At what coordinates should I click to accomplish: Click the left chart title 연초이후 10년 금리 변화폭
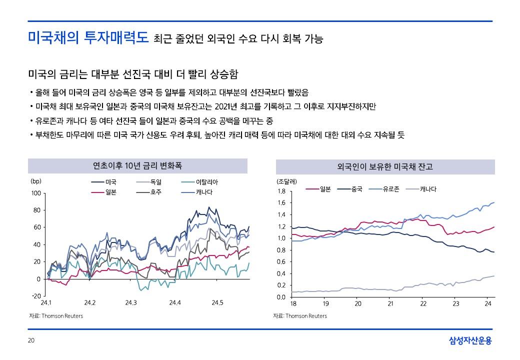[x=137, y=166]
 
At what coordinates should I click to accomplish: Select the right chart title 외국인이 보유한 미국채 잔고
[x=385, y=166]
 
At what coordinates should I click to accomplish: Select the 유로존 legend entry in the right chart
[x=390, y=189]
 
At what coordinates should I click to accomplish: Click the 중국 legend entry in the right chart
[x=356, y=189]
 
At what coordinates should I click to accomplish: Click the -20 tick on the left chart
[x=35, y=296]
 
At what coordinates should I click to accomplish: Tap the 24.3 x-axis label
[x=131, y=303]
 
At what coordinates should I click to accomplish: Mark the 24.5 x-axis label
[x=217, y=303]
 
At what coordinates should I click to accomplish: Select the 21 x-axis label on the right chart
[x=390, y=303]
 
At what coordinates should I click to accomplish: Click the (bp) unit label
[x=35, y=181]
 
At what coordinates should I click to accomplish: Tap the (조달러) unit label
[x=287, y=181]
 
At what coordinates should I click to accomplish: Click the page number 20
[x=31, y=340]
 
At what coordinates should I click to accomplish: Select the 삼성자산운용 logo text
[x=470, y=340]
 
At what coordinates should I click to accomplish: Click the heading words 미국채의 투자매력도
[x=88, y=38]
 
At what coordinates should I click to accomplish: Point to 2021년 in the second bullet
[x=226, y=106]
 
